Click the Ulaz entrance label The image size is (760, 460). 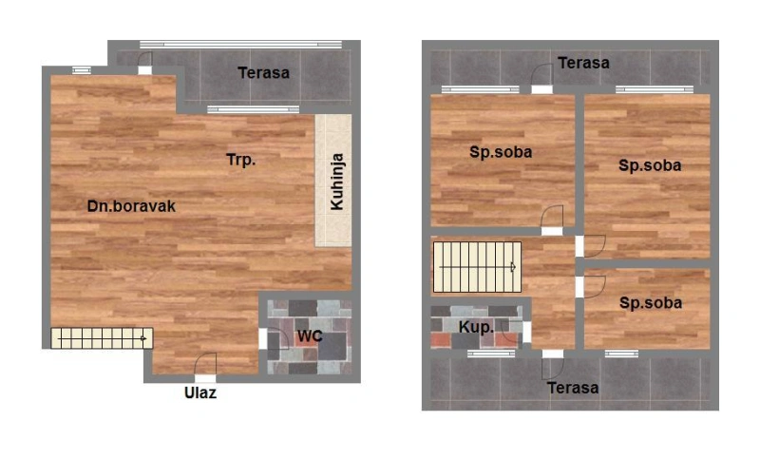(200, 393)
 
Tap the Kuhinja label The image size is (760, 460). (337, 182)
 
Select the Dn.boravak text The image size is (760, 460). (131, 206)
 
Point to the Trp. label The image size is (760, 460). (241, 160)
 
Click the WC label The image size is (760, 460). (310, 335)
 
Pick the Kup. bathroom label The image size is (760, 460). (476, 327)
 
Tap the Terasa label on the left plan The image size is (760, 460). (264, 73)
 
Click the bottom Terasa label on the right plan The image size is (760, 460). (573, 388)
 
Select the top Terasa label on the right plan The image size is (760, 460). (583, 63)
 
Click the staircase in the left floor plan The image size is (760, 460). (102, 337)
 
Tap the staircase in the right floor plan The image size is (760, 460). (478, 267)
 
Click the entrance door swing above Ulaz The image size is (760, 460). (205, 364)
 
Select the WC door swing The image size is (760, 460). (277, 338)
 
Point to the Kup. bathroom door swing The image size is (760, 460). (512, 332)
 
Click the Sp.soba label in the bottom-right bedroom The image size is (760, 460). (651, 303)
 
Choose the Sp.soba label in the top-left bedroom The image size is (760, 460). (501, 152)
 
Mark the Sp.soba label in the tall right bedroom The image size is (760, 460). (650, 165)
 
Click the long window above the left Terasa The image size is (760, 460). (241, 45)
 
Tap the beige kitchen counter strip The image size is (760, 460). (333, 181)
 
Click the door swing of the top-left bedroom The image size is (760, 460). (552, 216)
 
